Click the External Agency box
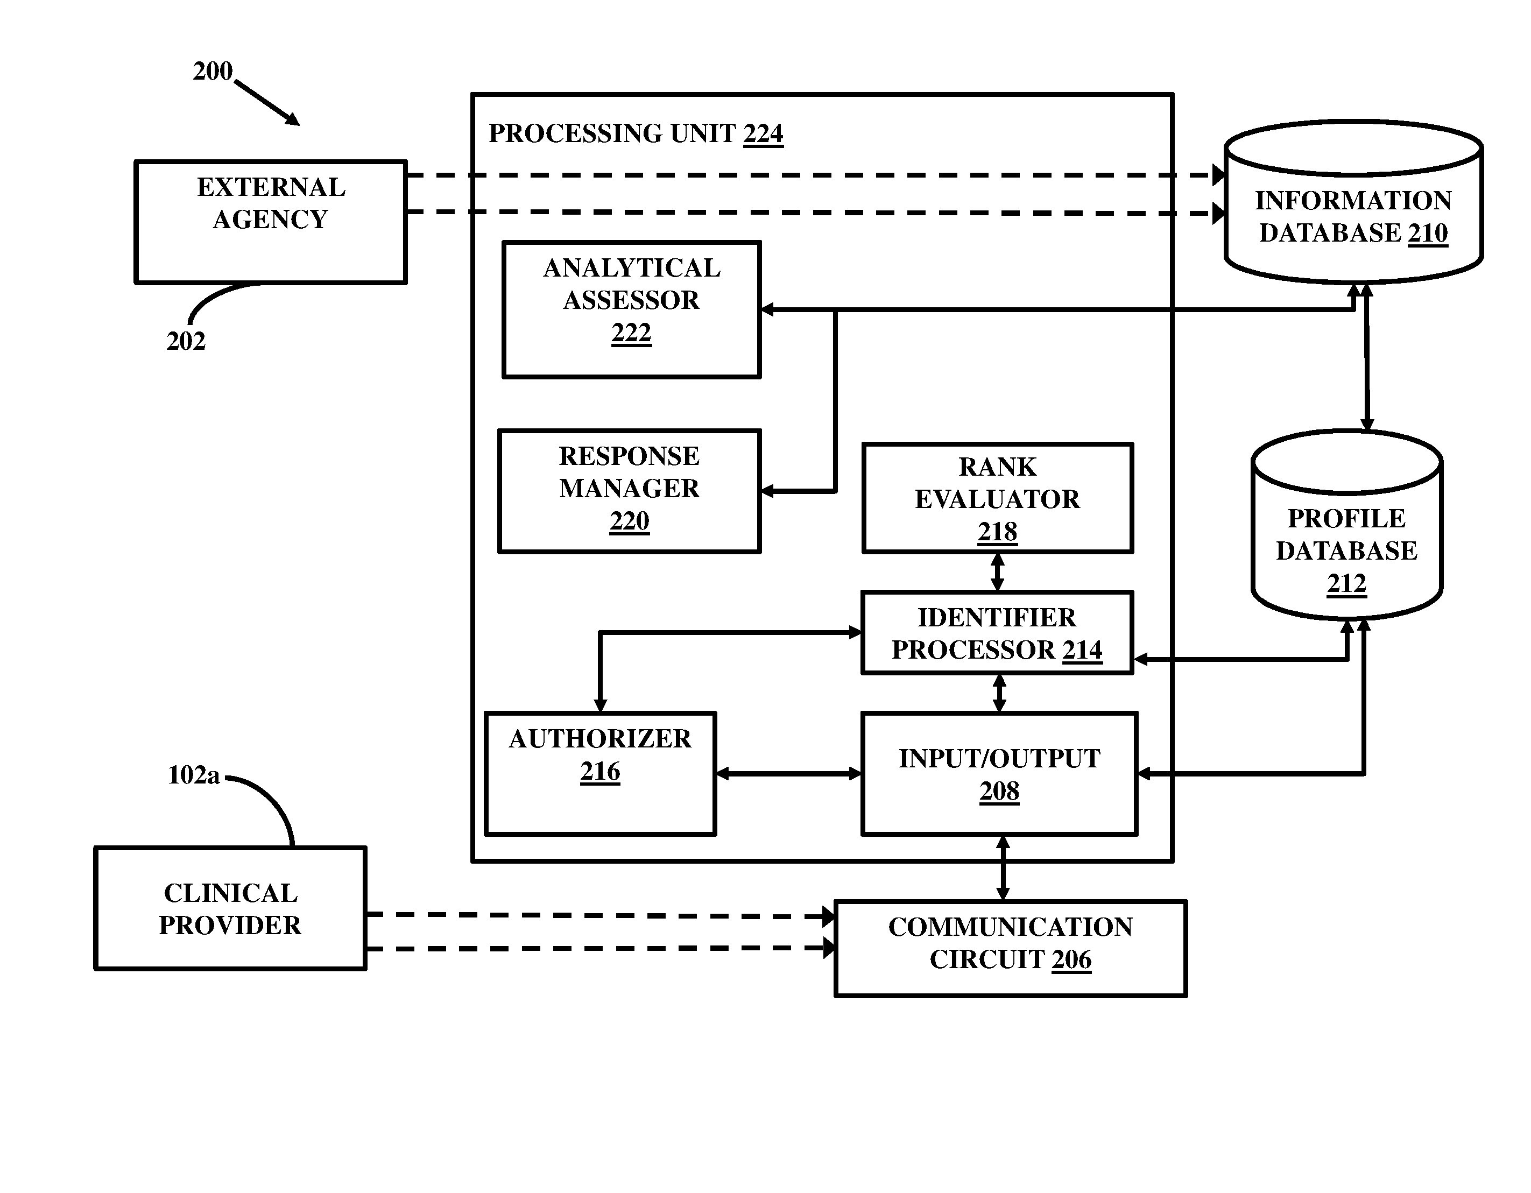[x=271, y=222]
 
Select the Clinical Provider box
[x=231, y=908]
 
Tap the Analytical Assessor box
[x=632, y=310]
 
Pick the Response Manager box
[x=630, y=491]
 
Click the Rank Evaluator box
[x=998, y=498]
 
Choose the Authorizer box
[x=600, y=774]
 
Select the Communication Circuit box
[x=1010, y=948]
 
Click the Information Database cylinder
[x=1353, y=202]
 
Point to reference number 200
[x=213, y=71]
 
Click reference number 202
[x=186, y=341]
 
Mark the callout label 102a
[x=194, y=775]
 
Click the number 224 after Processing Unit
[x=764, y=133]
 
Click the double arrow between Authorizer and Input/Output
[x=788, y=774]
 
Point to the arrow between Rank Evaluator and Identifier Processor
[x=998, y=572]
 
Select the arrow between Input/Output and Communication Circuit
[x=1003, y=868]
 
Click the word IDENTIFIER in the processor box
[x=996, y=618]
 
